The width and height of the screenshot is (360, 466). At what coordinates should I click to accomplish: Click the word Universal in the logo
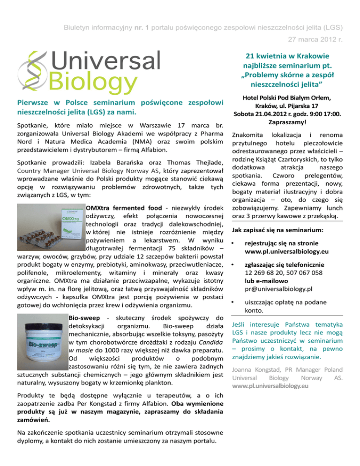coord(106,61)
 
